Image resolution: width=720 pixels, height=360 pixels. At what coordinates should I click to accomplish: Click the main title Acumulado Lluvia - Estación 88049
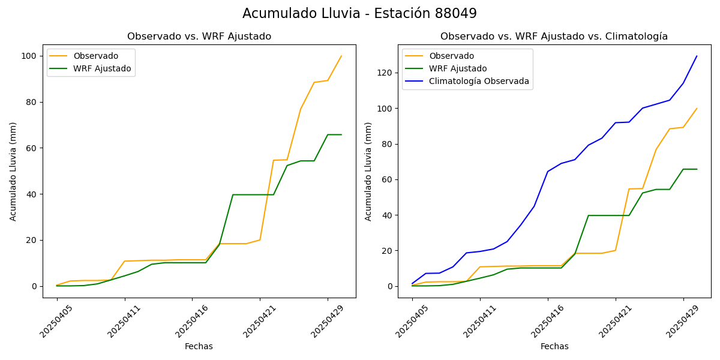point(359,13)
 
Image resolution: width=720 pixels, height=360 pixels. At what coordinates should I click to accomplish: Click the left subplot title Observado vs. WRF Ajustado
point(199,37)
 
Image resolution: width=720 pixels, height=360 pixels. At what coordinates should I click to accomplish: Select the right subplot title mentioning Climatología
point(554,37)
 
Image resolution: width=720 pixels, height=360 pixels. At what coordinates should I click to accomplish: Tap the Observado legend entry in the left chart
point(95,56)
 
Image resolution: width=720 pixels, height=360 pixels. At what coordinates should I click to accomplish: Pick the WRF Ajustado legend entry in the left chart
point(102,68)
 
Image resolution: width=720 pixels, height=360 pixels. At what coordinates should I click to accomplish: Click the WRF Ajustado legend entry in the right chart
point(458,68)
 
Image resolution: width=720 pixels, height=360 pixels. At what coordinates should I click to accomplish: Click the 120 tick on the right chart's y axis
point(385,73)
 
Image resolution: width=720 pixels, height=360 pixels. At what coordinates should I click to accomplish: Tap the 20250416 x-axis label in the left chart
point(187,321)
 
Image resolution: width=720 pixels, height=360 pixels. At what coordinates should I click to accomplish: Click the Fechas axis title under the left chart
point(199,346)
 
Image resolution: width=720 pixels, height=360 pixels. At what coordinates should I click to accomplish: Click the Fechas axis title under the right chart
point(554,346)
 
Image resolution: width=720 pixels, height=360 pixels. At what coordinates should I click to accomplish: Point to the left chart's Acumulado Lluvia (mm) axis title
point(13,171)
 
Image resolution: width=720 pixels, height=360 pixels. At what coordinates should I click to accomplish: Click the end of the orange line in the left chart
point(341,56)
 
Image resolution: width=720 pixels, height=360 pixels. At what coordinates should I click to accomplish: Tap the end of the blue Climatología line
point(697,56)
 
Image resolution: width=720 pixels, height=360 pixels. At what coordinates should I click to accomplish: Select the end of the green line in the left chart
point(341,134)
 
